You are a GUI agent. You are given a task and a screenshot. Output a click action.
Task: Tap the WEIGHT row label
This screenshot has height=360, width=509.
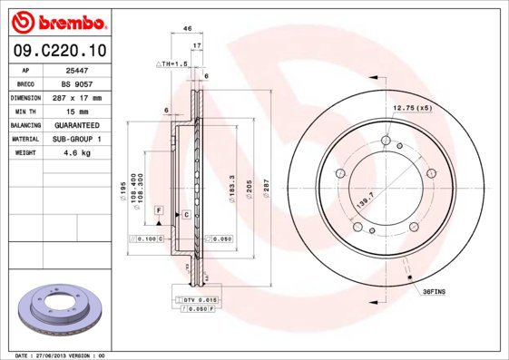[x=24, y=152]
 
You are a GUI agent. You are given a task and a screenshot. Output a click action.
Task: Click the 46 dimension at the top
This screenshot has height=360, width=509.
[x=187, y=29]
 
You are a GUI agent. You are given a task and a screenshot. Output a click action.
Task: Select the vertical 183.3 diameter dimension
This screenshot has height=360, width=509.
[x=233, y=188]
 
